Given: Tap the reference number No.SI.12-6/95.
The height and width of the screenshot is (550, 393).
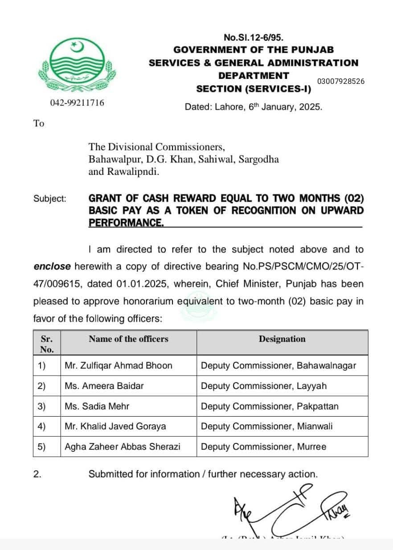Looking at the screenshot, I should click(x=254, y=38).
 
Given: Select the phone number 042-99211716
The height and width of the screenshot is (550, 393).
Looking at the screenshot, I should click(x=77, y=103).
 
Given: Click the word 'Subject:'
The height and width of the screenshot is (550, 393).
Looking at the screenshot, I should click(x=50, y=198).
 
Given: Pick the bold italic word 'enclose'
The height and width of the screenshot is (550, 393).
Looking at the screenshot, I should click(x=52, y=266).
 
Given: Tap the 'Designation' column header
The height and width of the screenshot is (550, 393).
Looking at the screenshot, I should click(x=282, y=339).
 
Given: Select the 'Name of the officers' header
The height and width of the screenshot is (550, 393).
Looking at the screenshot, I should click(x=128, y=339).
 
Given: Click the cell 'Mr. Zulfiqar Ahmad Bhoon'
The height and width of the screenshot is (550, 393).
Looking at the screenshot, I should click(x=118, y=365).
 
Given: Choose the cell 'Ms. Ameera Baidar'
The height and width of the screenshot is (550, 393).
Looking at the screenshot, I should click(x=104, y=386).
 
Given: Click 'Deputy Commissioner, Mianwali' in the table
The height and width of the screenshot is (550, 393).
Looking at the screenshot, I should click(x=266, y=426).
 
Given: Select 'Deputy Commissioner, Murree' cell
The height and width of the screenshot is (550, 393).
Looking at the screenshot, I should click(x=263, y=447).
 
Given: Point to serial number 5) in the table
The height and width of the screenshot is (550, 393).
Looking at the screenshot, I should click(x=41, y=447).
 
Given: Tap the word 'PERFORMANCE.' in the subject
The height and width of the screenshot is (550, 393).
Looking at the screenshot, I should click(x=126, y=222).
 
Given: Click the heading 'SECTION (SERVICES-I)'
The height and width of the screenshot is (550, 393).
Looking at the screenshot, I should click(x=254, y=89).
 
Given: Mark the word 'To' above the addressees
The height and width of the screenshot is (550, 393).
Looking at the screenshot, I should click(x=39, y=124).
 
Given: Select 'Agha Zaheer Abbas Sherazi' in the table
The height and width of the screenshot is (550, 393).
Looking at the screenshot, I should click(x=123, y=447).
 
